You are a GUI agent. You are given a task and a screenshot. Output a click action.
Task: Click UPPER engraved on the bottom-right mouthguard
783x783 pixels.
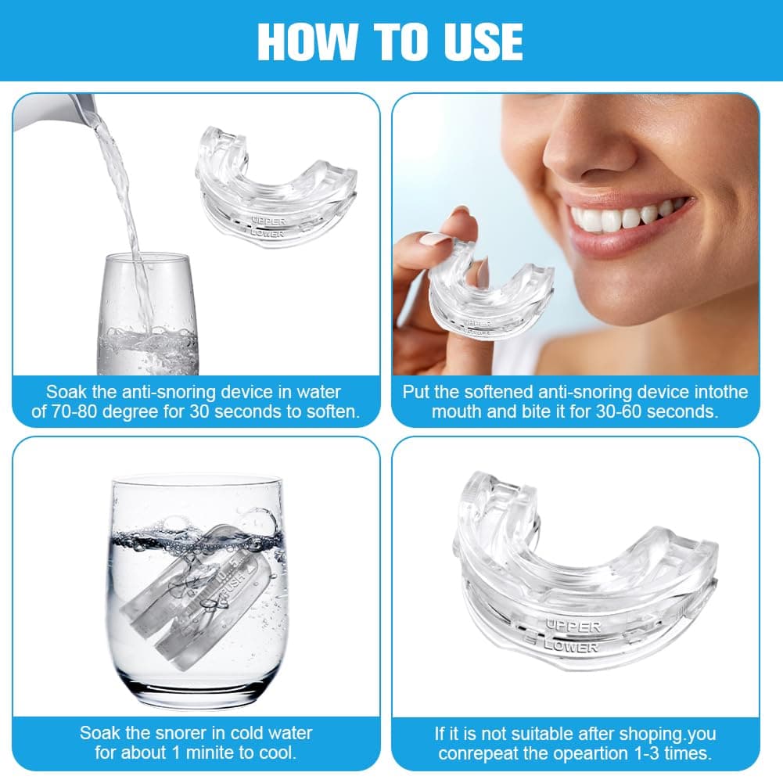click(x=573, y=627)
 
